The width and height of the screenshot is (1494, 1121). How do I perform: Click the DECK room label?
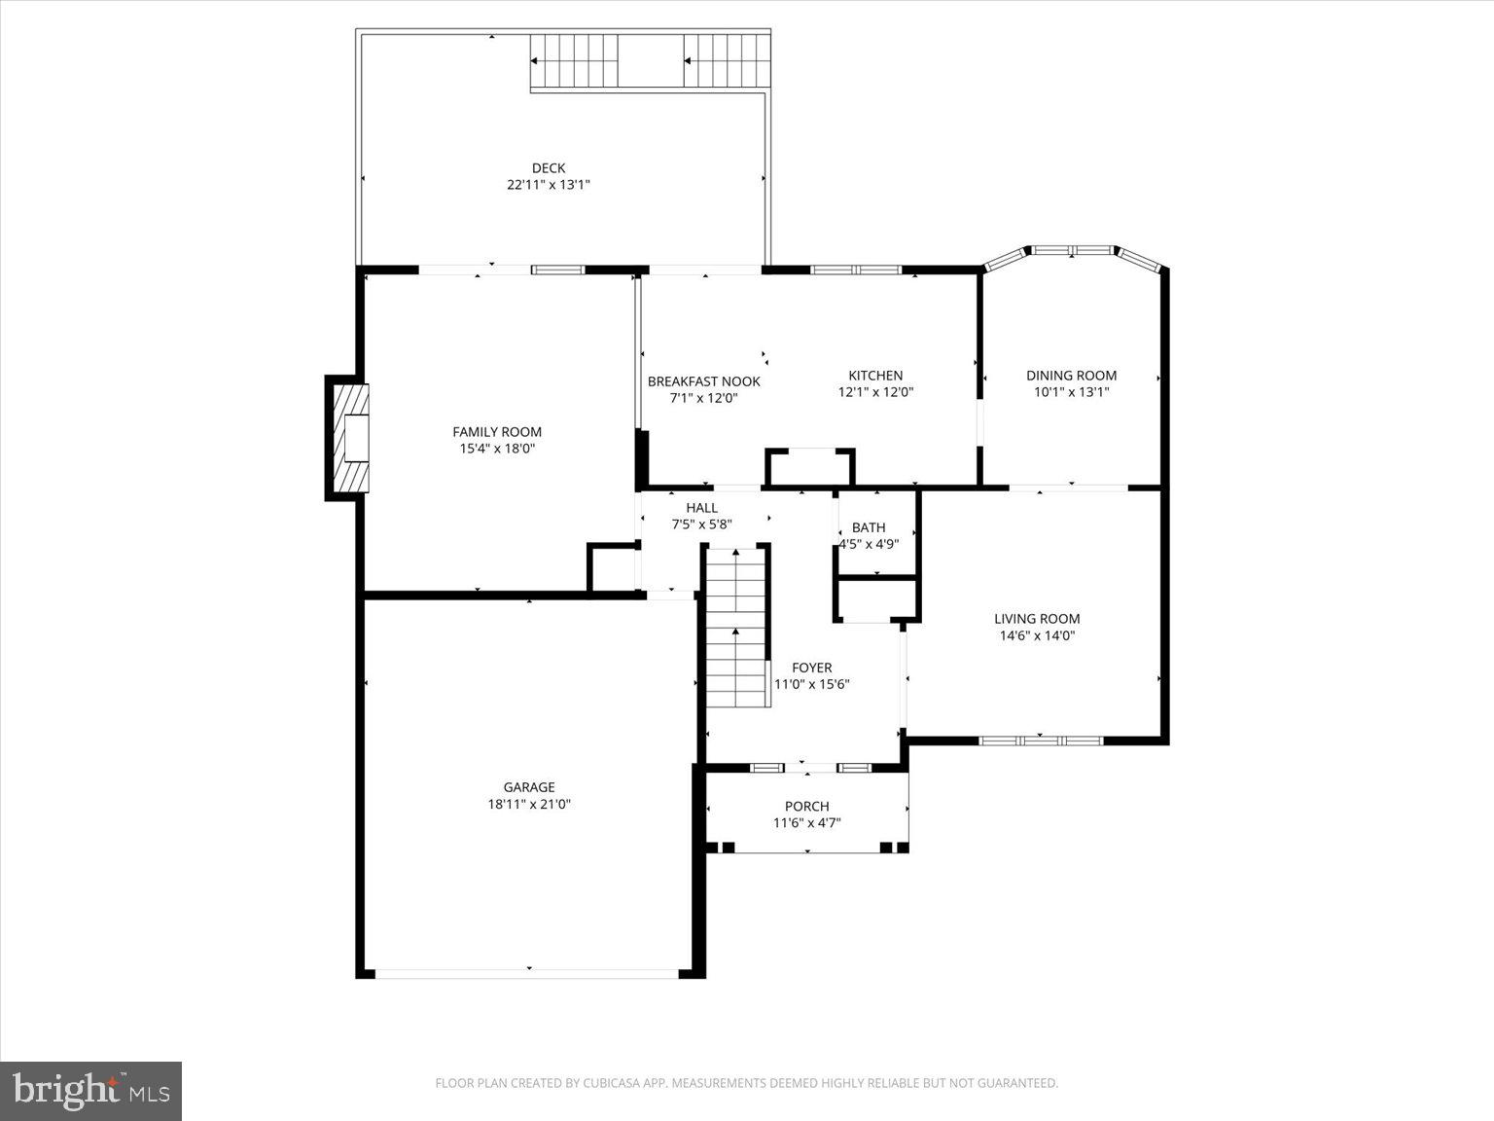548,167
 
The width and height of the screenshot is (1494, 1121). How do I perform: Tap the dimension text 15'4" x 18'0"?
497,449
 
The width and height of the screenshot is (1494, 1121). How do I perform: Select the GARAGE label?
528,787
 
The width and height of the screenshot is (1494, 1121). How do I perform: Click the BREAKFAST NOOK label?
703,381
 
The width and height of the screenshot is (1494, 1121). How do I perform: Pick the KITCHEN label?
875,376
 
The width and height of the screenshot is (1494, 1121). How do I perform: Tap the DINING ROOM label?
1071,376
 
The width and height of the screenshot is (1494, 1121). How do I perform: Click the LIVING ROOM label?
1037,619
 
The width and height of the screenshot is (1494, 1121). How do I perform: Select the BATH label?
869,527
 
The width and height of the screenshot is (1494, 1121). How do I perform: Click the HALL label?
701,507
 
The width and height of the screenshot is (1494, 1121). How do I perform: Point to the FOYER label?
811,668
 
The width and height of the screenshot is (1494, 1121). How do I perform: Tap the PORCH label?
806,806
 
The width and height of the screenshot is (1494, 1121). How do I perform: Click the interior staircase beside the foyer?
736,628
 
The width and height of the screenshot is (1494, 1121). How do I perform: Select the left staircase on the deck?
574,60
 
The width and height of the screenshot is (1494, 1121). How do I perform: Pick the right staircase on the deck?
727,60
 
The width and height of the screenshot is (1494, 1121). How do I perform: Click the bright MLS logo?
90,1090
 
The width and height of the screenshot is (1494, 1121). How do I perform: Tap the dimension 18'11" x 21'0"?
528,805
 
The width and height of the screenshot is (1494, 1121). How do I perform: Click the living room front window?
1040,741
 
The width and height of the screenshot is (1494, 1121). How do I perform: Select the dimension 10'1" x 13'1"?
1071,392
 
